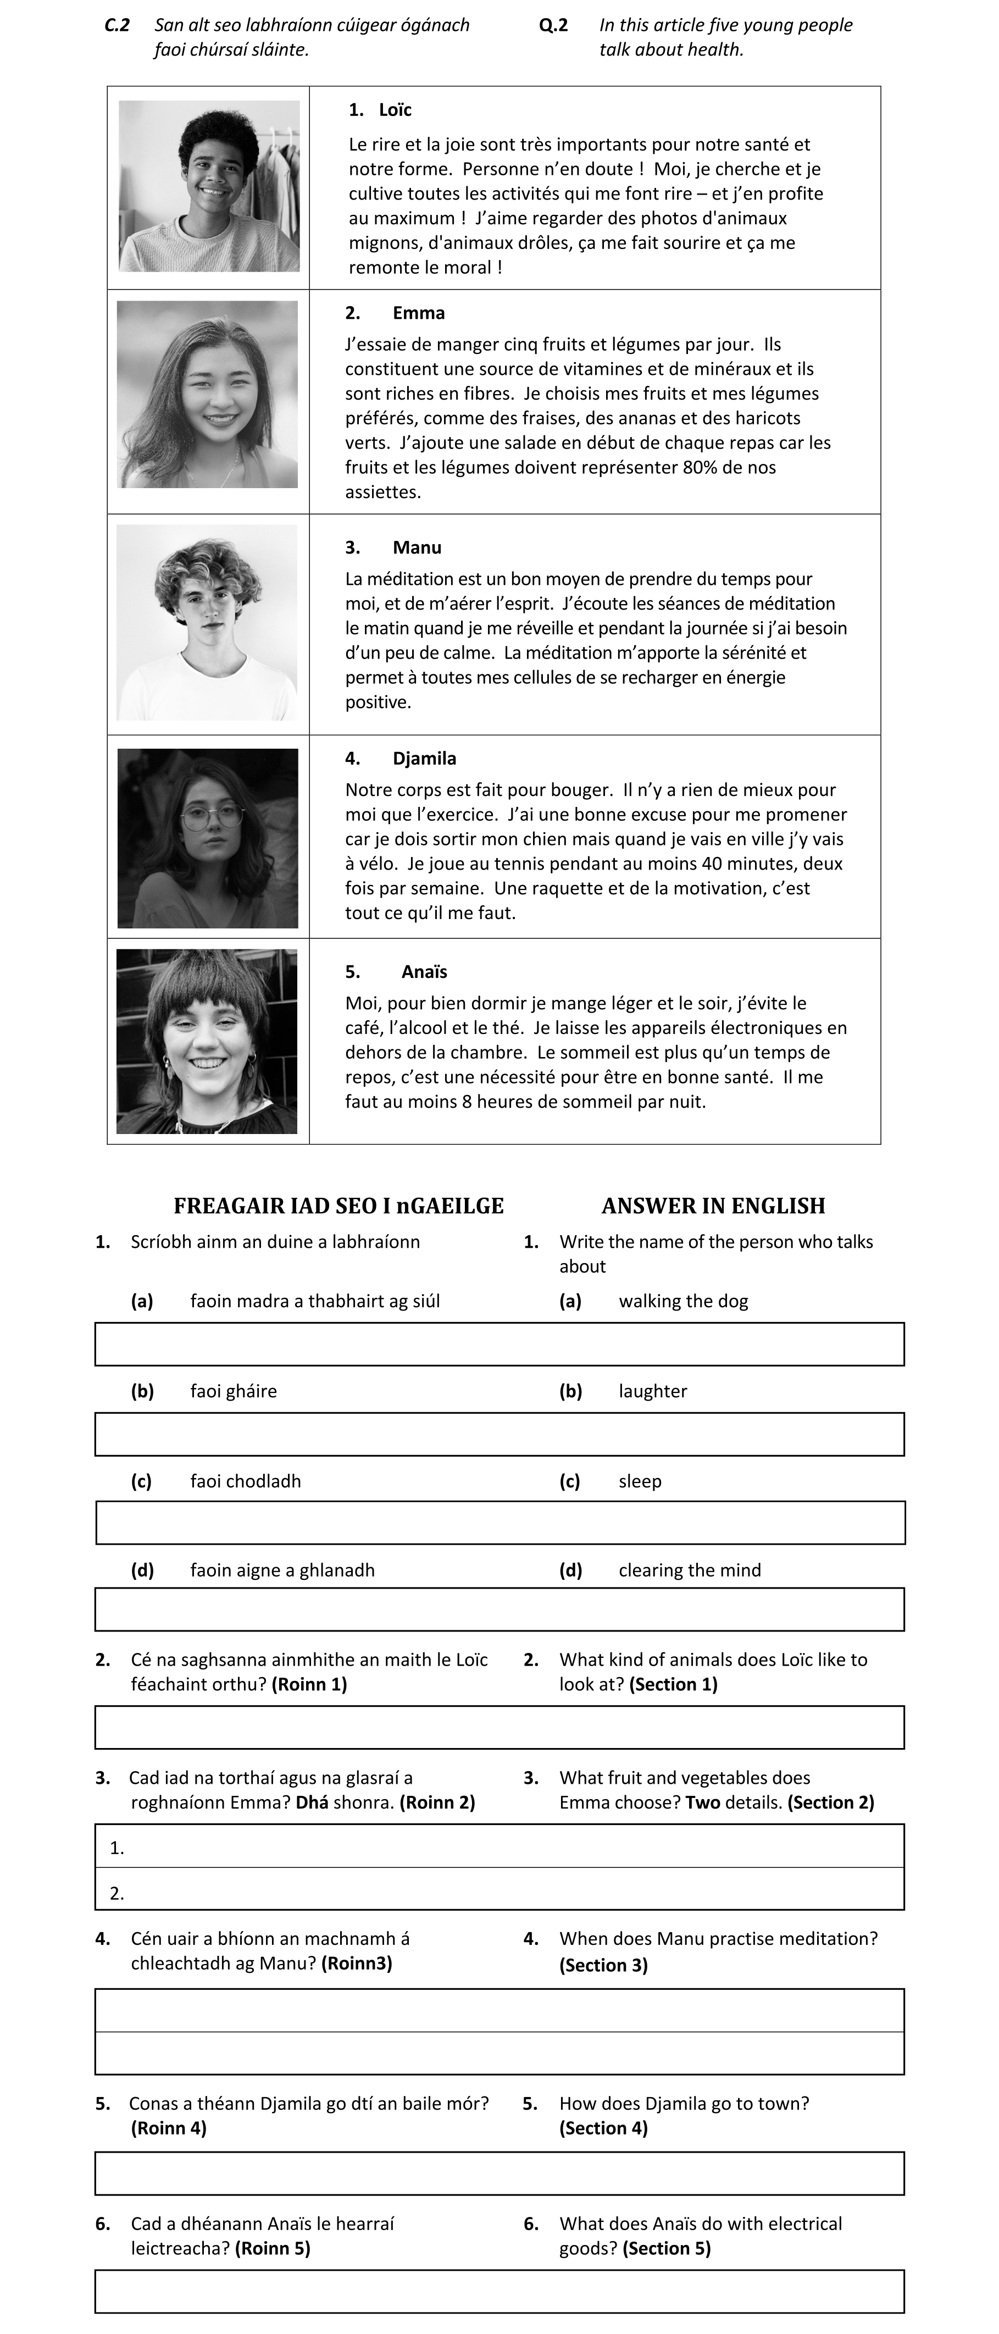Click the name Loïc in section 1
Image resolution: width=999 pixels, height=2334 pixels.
pos(395,109)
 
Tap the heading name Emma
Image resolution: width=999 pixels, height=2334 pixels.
pos(418,313)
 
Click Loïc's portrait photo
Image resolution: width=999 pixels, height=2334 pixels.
pos(209,186)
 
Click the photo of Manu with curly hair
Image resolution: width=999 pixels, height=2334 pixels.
pos(207,622)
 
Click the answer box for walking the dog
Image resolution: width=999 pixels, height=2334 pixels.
pos(499,1343)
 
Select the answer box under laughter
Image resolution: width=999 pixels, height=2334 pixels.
pos(499,1434)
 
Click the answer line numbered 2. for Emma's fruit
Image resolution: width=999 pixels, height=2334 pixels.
pos(499,1893)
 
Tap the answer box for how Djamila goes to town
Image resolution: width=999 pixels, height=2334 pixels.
pos(499,2173)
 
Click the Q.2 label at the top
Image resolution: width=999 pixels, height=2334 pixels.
pos(553,25)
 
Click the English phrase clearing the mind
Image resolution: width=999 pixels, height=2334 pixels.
pos(689,1570)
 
